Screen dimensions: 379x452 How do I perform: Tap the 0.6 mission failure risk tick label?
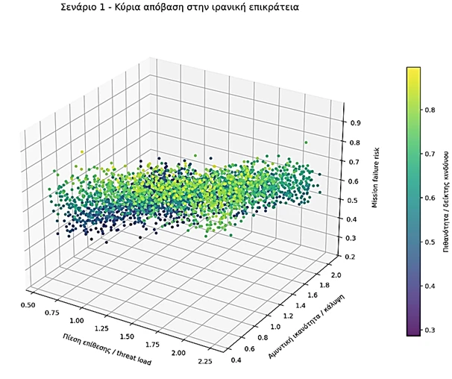point(346,181)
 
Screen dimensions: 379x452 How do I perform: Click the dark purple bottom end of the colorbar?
point(412,333)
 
